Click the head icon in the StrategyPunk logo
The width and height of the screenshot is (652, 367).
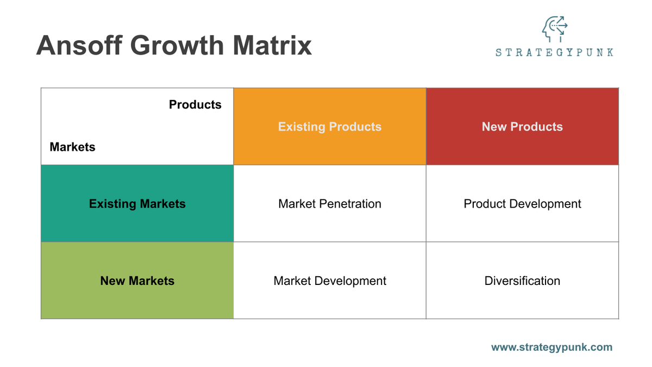point(554,29)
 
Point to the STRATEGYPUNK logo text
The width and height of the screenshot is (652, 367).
point(554,53)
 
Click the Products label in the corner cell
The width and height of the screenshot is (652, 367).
point(195,104)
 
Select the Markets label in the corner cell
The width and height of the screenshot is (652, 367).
point(72,147)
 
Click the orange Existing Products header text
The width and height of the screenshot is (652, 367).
point(330,127)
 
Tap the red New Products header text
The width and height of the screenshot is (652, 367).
point(522,127)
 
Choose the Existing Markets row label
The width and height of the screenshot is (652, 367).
point(137,204)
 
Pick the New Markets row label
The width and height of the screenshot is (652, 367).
point(137,281)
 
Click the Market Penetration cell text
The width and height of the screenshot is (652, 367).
point(330,204)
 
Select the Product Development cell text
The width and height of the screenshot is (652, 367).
point(522,204)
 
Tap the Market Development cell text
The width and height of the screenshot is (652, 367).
point(330,281)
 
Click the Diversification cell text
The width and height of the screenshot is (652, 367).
point(522,281)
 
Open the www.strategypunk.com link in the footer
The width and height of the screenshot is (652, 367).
point(551,347)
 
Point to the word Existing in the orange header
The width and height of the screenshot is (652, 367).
point(300,127)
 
